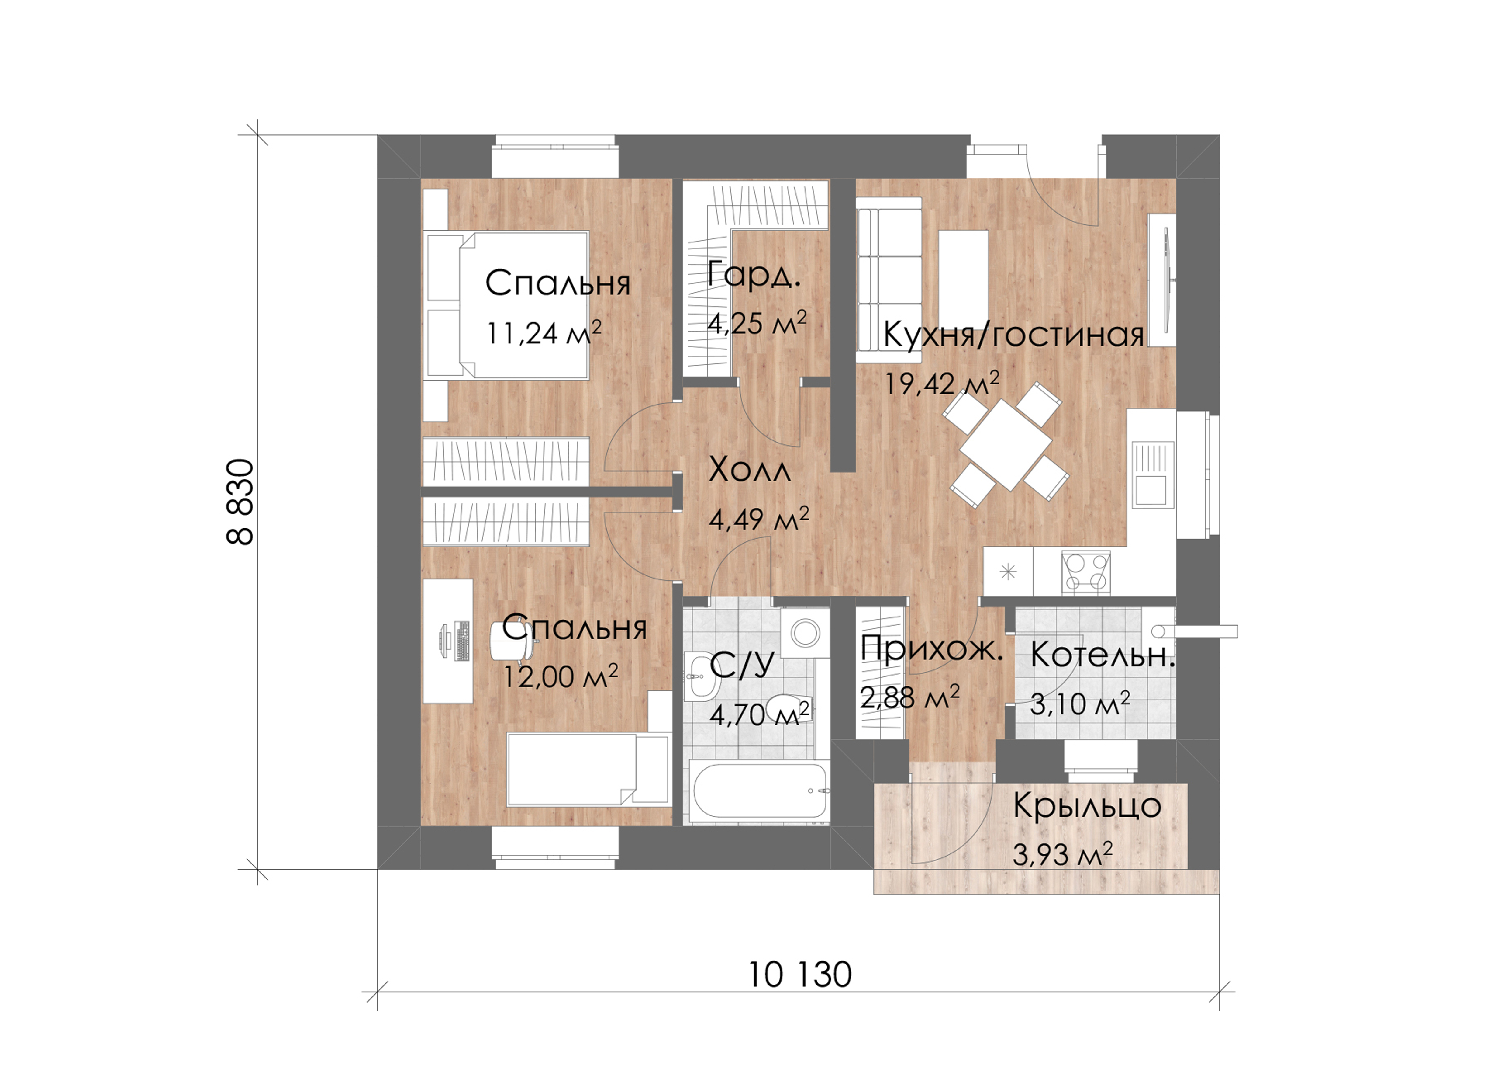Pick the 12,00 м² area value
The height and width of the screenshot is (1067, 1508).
click(560, 676)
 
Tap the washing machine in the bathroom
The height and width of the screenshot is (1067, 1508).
click(805, 632)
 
